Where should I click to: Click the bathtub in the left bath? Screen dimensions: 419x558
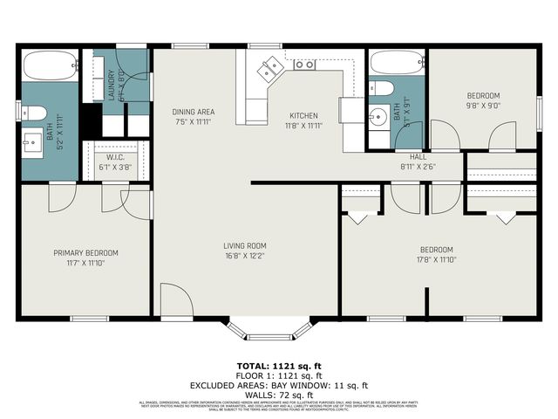(x=49, y=66)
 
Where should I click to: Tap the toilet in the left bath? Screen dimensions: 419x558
(x=33, y=112)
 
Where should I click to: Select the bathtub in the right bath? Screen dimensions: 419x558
(x=396, y=64)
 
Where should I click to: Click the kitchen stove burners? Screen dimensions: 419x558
(x=304, y=64)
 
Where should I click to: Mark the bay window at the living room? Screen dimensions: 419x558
(x=270, y=329)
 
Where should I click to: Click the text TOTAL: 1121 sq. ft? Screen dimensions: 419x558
(x=278, y=365)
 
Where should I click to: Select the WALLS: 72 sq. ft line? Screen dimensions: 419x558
(x=278, y=394)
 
